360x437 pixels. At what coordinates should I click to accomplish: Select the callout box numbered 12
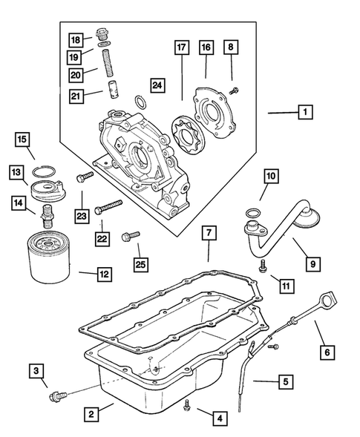click(x=104, y=274)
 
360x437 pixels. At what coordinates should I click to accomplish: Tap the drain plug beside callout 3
click(x=56, y=397)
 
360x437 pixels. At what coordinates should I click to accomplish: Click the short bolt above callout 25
click(x=134, y=237)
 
